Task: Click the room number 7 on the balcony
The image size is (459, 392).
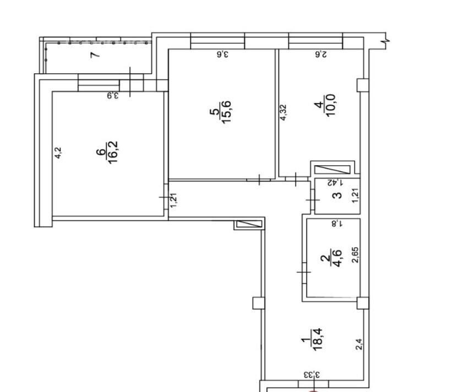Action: [95, 55]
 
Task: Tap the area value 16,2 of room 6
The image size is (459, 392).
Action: [113, 153]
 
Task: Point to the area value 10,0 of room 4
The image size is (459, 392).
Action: [330, 105]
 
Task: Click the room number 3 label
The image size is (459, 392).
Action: [337, 195]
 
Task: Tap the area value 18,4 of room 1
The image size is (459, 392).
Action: [318, 339]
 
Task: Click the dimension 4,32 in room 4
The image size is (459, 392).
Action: [283, 112]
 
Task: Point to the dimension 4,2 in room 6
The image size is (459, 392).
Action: [58, 153]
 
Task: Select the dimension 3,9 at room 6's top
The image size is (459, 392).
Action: [112, 95]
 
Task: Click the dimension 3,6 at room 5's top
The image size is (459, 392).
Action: [222, 54]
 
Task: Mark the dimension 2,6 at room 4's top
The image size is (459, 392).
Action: [320, 54]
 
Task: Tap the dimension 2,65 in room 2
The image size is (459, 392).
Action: [355, 255]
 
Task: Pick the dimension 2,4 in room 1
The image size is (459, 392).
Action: [359, 344]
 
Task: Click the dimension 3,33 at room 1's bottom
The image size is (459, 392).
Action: [312, 374]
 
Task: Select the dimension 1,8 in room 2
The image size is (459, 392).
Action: [337, 224]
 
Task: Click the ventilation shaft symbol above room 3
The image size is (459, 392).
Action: [332, 170]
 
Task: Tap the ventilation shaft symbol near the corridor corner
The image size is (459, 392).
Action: [249, 224]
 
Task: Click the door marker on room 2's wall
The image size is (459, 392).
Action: [304, 273]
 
